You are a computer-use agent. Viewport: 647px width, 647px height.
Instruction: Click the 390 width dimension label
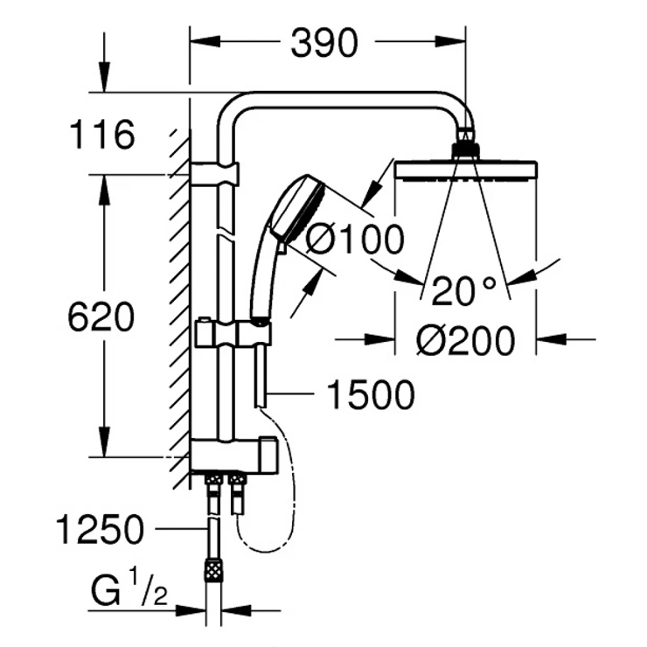(x=325, y=42)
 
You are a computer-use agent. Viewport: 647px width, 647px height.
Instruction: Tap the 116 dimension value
(x=103, y=136)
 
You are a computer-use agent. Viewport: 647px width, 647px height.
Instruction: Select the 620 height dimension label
(x=101, y=317)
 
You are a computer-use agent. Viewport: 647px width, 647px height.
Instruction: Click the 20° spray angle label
(x=463, y=290)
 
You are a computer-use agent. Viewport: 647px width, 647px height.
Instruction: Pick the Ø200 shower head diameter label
(x=465, y=341)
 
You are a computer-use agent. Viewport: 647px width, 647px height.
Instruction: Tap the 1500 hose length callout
(x=369, y=396)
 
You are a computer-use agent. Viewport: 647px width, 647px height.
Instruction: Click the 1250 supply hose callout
(x=98, y=529)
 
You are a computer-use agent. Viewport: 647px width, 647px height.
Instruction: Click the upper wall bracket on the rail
(x=212, y=172)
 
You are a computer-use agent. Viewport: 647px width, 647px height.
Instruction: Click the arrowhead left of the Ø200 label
(x=381, y=338)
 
